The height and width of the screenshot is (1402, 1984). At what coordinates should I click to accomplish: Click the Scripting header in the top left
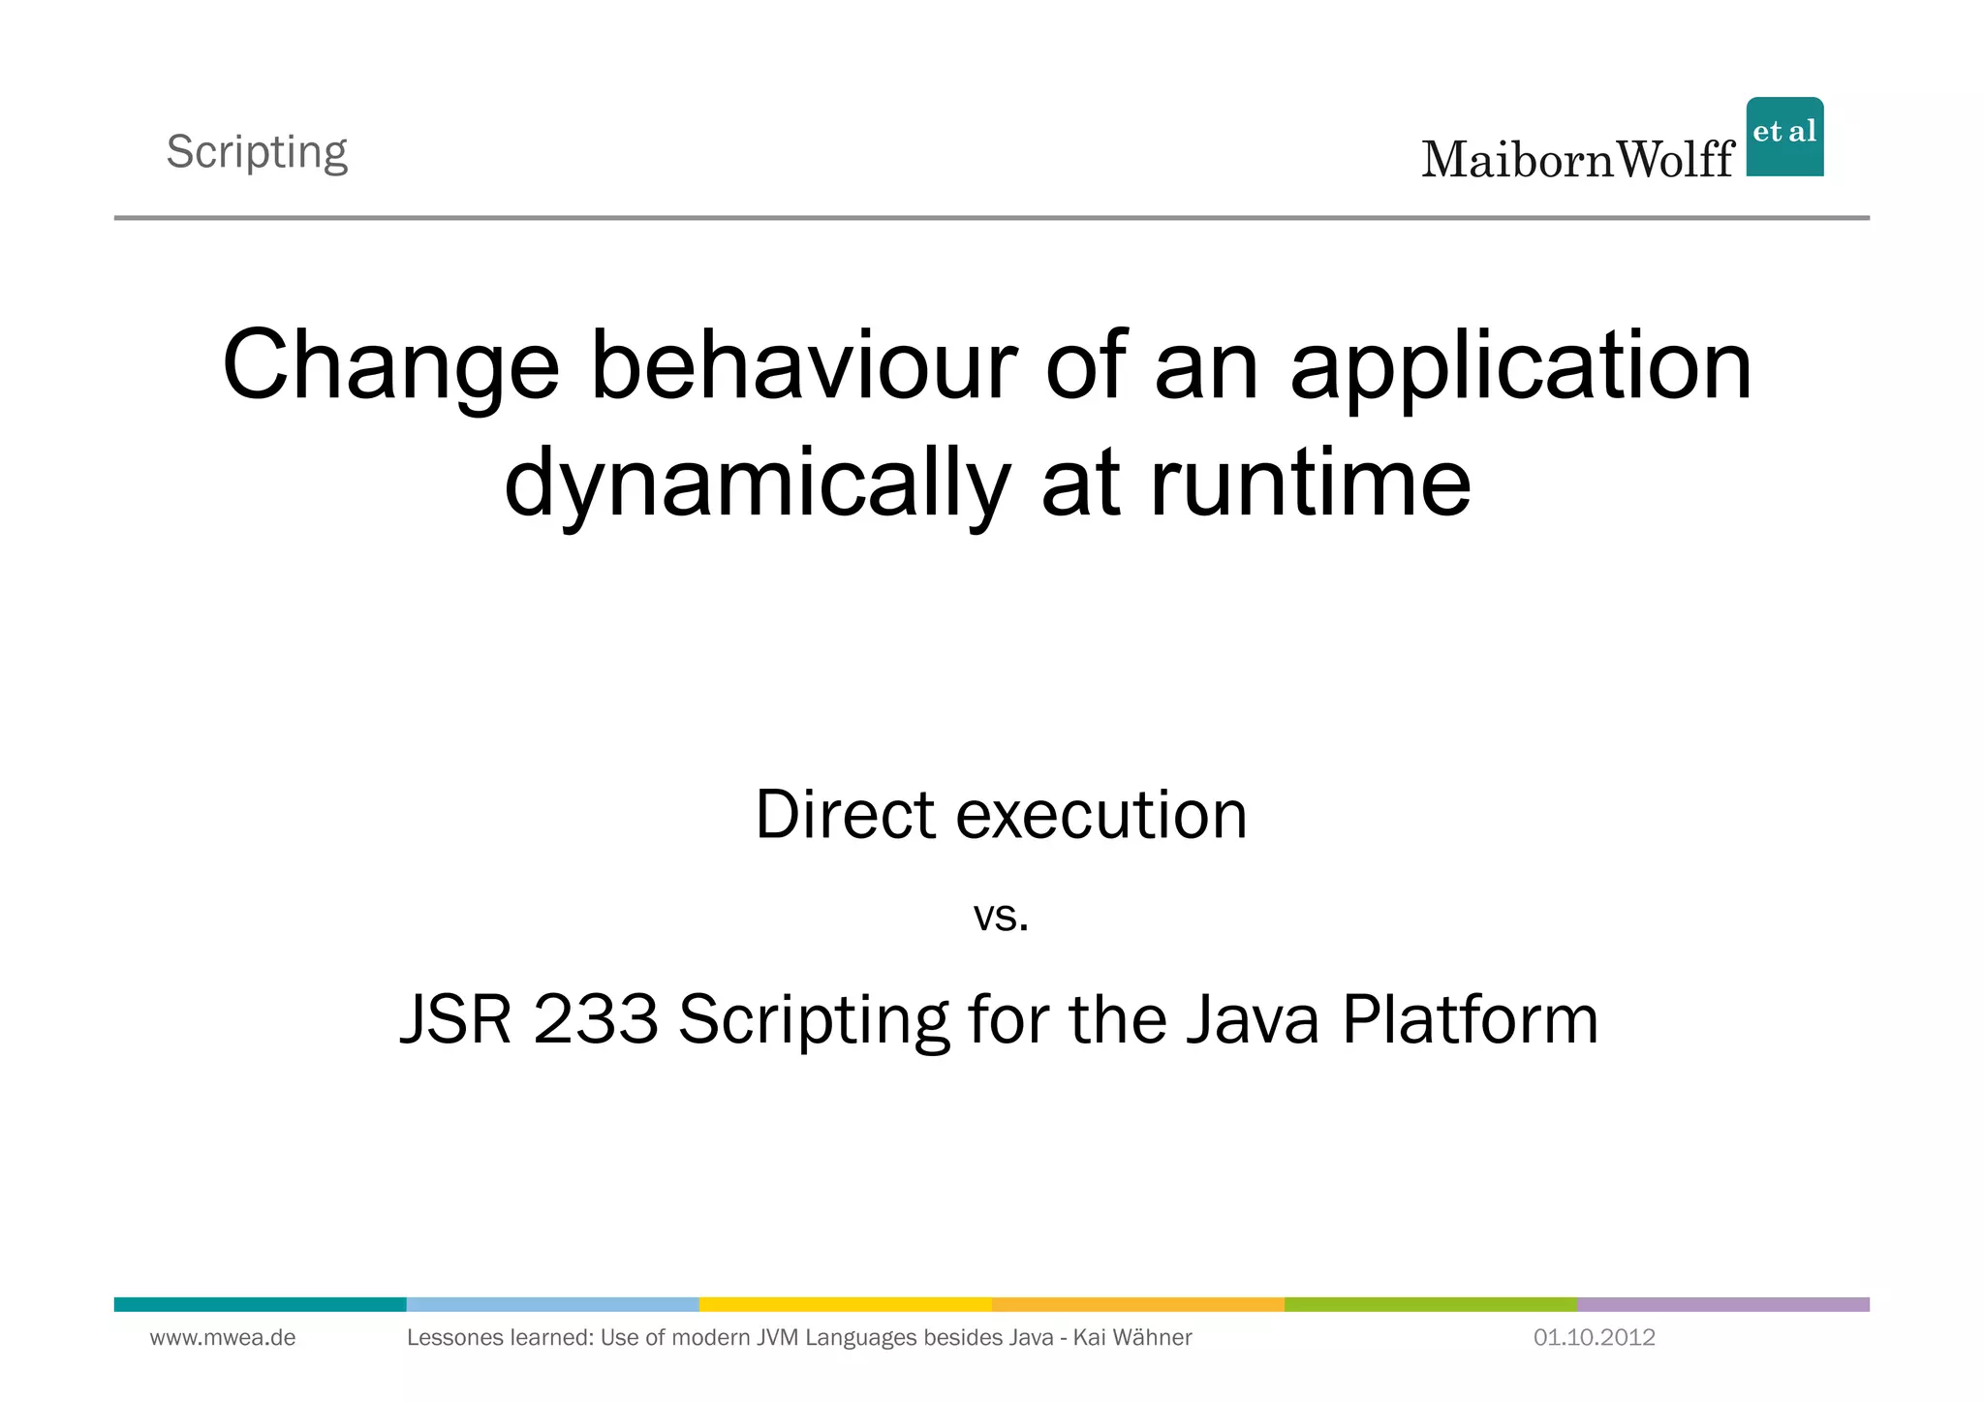point(257,152)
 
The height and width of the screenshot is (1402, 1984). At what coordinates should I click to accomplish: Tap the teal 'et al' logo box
point(1784,137)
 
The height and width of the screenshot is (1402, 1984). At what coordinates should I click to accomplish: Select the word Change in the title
point(390,367)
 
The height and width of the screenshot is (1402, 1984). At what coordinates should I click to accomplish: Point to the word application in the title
point(1521,367)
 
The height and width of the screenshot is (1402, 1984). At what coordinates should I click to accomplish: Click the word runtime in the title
point(1310,483)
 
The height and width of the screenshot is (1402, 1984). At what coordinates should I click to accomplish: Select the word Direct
point(845,815)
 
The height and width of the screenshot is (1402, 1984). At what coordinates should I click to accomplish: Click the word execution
point(1101,815)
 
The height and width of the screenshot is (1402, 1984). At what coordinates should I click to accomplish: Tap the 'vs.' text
point(1001,917)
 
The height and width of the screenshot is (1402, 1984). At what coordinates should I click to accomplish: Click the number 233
point(596,1019)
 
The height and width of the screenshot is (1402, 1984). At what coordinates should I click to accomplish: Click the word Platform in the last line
point(1470,1019)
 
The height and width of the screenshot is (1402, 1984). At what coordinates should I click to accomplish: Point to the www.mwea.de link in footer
point(223,1338)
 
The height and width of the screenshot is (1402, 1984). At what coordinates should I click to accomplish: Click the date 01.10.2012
point(1594,1338)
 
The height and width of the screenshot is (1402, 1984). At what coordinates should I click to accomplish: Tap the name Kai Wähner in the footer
point(1132,1338)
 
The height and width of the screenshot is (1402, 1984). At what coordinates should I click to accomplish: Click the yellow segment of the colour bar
point(845,1304)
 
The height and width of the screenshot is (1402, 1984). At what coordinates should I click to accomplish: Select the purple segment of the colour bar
point(1722,1304)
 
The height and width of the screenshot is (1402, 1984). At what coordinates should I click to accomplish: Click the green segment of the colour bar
point(1430,1304)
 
